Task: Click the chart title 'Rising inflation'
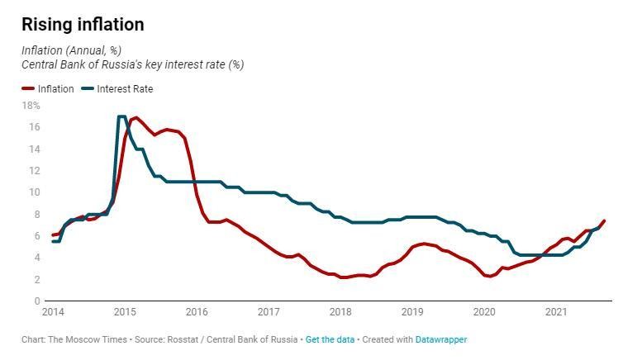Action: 83,25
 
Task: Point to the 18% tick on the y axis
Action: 31,106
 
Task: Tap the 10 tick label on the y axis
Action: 33,192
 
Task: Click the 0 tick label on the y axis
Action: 36,301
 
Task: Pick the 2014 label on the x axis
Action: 52,312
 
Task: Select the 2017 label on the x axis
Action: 269,312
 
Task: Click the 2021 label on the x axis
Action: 556,312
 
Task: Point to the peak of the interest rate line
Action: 121,116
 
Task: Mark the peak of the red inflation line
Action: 136,117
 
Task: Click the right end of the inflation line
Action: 604,220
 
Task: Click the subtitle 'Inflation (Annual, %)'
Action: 71,50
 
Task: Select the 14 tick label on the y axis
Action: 33,149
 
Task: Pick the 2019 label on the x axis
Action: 412,312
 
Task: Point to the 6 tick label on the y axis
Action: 36,236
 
